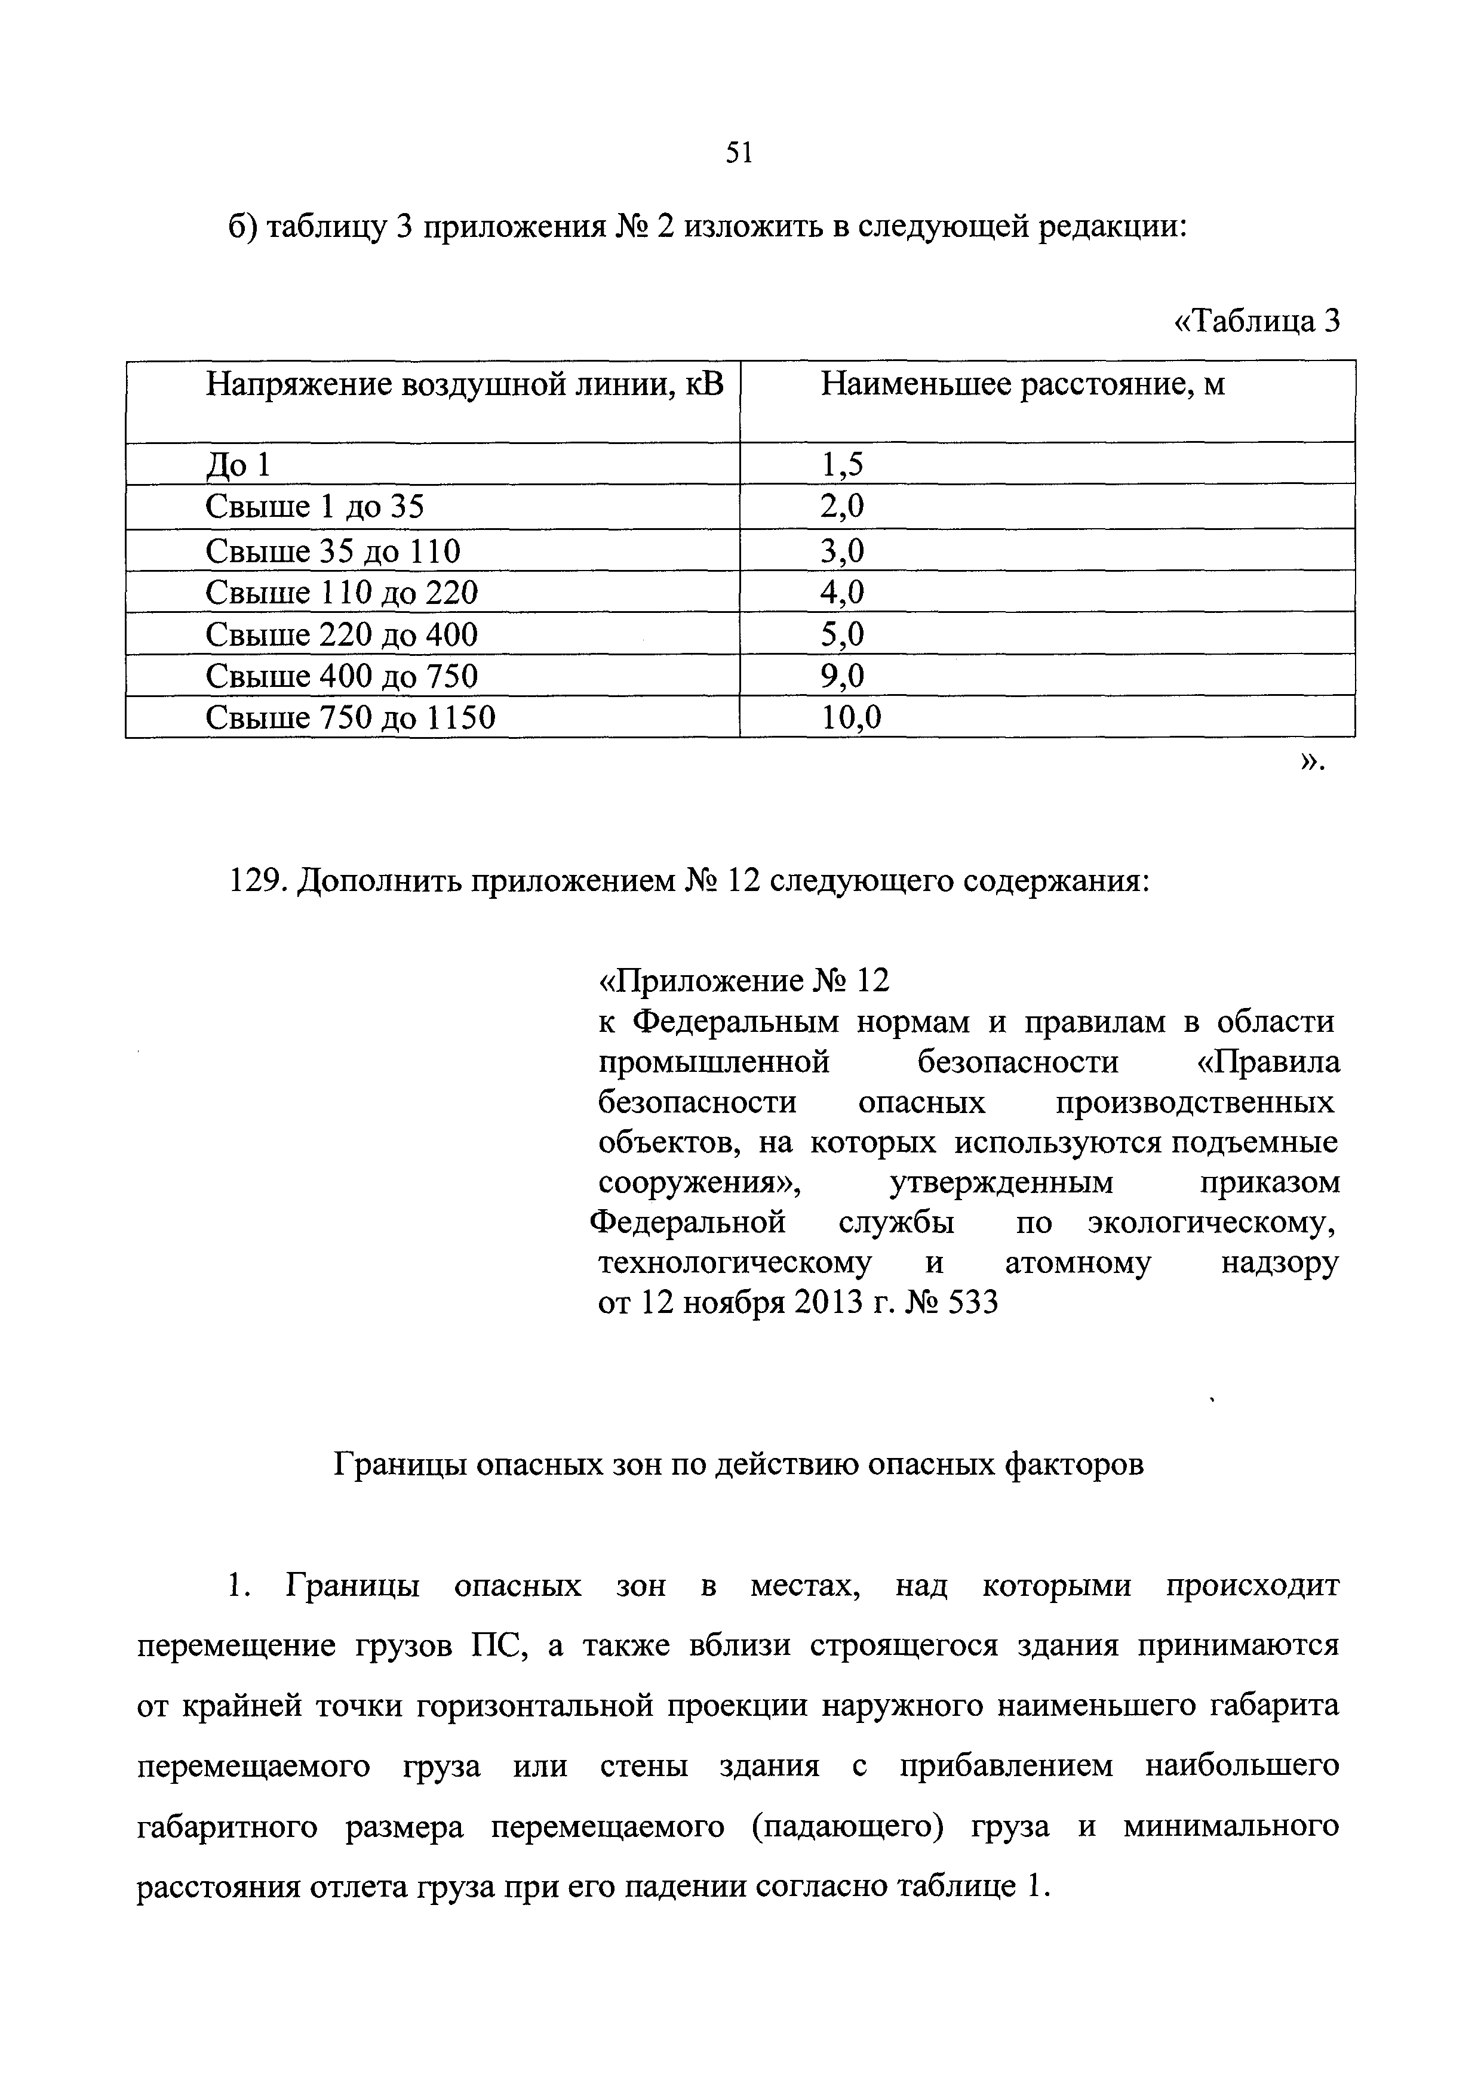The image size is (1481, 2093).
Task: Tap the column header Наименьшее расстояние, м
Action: coord(1022,385)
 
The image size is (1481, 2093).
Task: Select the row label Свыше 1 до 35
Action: coord(315,507)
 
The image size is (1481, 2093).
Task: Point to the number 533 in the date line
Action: coord(973,1303)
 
